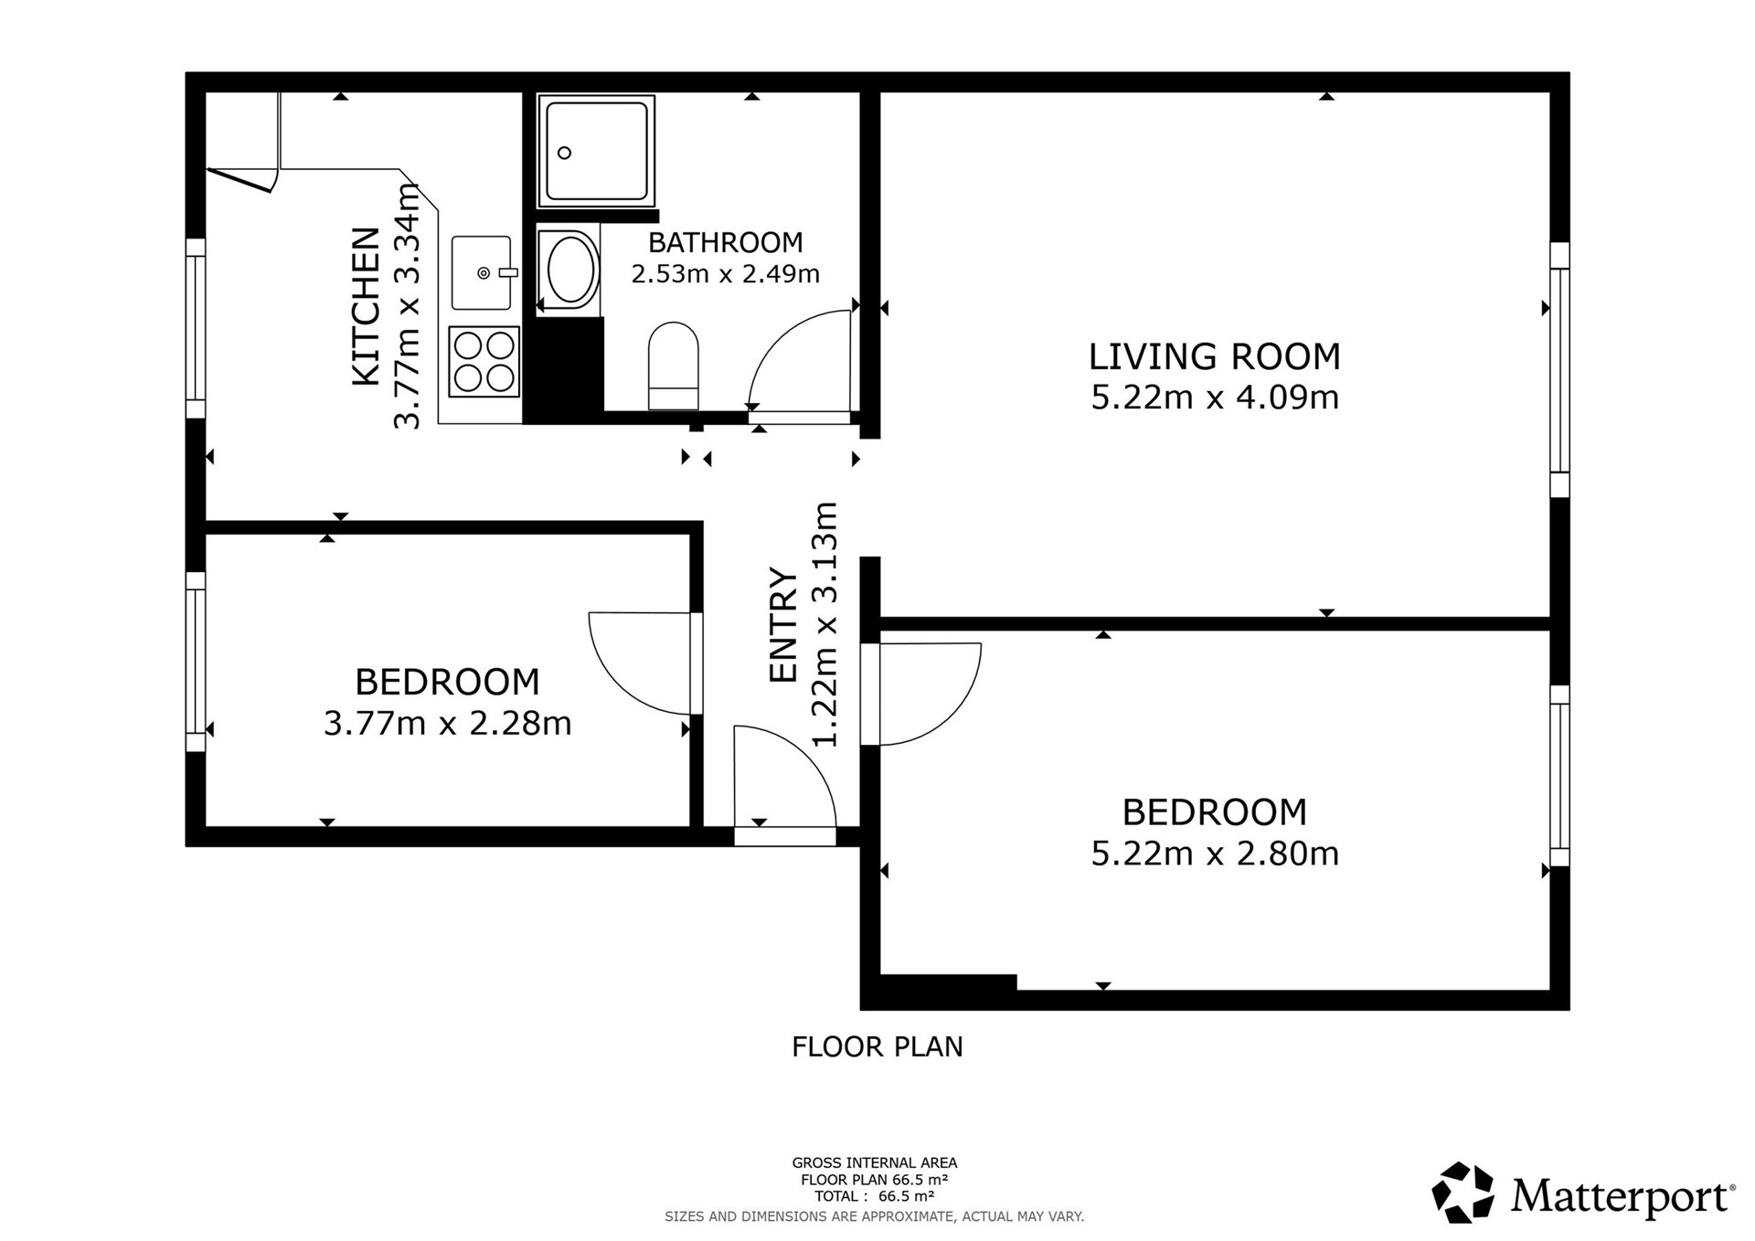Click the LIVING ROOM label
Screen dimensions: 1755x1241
(x=1214, y=356)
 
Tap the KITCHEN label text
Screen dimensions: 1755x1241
(x=366, y=306)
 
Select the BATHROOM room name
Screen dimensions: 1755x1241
(x=726, y=242)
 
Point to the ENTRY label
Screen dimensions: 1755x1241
(x=783, y=624)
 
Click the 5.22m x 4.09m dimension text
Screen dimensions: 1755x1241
(x=1215, y=398)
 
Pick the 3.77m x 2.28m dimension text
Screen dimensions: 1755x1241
(x=448, y=724)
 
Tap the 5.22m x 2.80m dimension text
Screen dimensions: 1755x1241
(x=1215, y=854)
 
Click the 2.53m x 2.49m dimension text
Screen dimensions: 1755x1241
(x=726, y=273)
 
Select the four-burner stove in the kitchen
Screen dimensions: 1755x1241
(x=484, y=362)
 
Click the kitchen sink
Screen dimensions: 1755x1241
(x=482, y=272)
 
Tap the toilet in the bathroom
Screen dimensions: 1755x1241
(x=674, y=366)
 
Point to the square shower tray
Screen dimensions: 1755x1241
(x=596, y=150)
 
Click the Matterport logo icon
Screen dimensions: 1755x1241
(x=1462, y=1192)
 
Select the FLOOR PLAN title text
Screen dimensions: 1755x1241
(x=877, y=1046)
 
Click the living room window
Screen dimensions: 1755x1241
(x=1559, y=369)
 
